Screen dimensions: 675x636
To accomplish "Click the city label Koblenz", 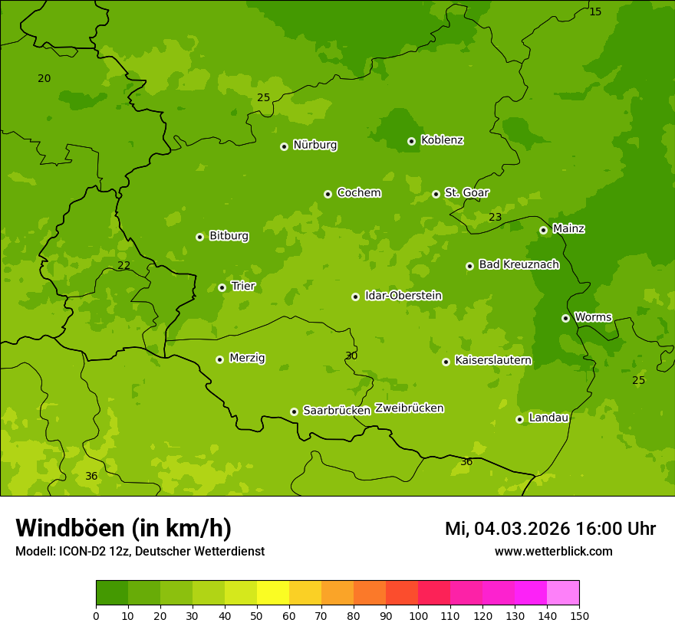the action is point(442,140).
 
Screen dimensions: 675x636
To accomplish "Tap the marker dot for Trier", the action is point(222,287).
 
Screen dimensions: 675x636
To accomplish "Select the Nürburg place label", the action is point(314,145).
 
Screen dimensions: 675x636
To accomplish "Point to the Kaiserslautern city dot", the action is point(446,362).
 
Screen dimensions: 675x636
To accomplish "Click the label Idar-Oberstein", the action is point(403,296).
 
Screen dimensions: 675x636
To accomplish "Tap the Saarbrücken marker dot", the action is point(294,411).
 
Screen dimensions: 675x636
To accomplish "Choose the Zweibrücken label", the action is point(409,408).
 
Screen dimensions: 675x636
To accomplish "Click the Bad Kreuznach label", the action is point(519,264).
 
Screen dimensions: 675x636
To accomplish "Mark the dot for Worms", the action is point(565,318).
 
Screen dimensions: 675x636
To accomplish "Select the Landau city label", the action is point(548,418).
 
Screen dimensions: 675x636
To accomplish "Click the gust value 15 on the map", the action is point(595,11).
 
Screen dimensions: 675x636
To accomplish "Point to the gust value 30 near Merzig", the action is point(351,356).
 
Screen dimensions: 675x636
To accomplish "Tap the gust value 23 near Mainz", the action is point(496,217).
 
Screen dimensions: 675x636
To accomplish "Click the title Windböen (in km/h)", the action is point(123,528).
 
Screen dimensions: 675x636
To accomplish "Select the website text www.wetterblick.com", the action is point(553,551).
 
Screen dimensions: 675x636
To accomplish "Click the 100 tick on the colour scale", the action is point(418,615).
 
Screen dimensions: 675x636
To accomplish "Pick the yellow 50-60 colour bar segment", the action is point(273,593).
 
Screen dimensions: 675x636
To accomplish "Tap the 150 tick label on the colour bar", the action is point(579,615).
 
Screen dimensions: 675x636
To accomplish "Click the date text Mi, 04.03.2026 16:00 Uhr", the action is point(550,529).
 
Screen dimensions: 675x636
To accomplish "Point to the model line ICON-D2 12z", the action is point(140,551).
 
